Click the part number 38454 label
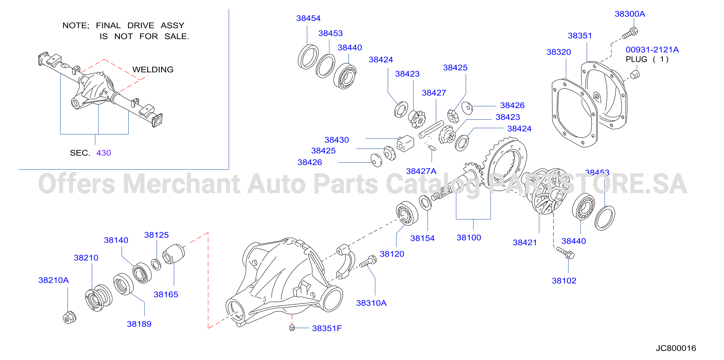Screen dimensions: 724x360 point(308,18)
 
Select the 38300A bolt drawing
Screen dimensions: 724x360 point(630,33)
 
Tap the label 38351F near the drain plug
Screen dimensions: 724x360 point(327,328)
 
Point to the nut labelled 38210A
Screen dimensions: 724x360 point(69,317)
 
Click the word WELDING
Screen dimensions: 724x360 point(153,69)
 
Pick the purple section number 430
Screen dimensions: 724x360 point(104,153)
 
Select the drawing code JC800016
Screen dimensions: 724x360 point(676,348)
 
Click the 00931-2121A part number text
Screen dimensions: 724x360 point(652,50)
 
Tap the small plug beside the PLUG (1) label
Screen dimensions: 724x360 point(635,74)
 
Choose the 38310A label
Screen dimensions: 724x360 point(371,303)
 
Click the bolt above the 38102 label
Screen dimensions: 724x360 point(565,253)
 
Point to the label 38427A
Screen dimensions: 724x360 point(421,171)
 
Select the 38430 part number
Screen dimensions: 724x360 point(337,140)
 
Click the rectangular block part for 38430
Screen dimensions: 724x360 point(405,143)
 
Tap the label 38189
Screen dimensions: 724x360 point(139,324)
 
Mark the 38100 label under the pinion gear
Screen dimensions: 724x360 point(469,238)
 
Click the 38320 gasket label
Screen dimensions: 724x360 point(559,52)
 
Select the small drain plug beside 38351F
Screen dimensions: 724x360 point(292,328)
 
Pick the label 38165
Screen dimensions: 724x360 point(166,295)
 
